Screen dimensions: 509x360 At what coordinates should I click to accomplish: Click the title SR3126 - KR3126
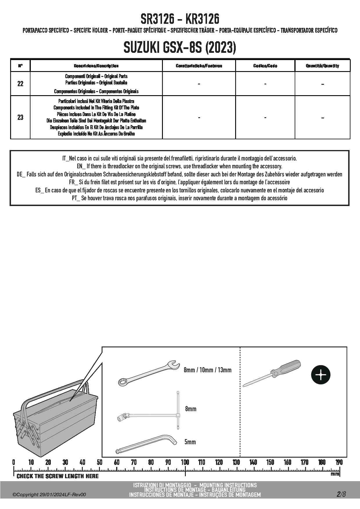tap(180, 19)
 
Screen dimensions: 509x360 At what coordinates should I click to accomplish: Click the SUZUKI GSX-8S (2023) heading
tap(180, 47)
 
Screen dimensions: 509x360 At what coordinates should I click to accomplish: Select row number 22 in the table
tap(20, 84)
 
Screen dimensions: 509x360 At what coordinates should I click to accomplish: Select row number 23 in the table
tap(20, 118)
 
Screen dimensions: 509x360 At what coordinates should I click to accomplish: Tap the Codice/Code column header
tap(265, 66)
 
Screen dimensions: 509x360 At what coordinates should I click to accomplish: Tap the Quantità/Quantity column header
tap(322, 66)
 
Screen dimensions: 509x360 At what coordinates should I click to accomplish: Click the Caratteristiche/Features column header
tap(199, 66)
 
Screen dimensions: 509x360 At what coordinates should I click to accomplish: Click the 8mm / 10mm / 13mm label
tap(208, 370)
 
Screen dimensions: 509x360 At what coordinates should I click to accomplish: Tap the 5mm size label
tap(190, 442)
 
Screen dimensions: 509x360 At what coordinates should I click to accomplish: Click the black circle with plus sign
tap(321, 375)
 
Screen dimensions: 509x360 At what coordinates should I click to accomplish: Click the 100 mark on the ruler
tap(185, 462)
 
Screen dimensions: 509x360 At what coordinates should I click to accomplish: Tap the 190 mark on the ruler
tap(339, 462)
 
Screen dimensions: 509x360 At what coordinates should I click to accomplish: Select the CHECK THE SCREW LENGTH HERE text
tap(57, 476)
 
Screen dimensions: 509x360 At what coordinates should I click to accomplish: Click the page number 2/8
tap(341, 494)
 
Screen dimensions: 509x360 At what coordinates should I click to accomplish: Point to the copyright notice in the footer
tap(49, 495)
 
